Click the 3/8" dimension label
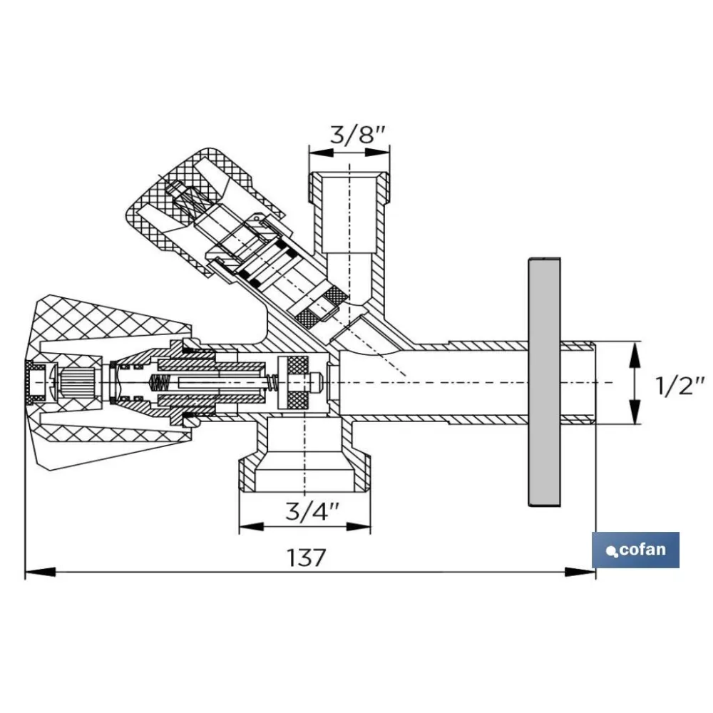(x=358, y=135)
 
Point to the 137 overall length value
(x=307, y=558)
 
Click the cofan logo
(x=635, y=550)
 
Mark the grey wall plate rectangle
(x=544, y=382)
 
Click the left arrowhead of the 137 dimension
(x=40, y=572)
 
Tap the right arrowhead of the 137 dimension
(x=580, y=572)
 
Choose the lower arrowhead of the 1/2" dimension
(x=635, y=411)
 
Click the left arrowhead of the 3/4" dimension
(x=252, y=527)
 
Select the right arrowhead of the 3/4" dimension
(x=359, y=527)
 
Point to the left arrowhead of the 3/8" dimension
(x=321, y=153)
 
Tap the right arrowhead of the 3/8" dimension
(x=378, y=153)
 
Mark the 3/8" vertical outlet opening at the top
(x=349, y=212)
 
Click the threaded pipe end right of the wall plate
(x=578, y=382)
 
